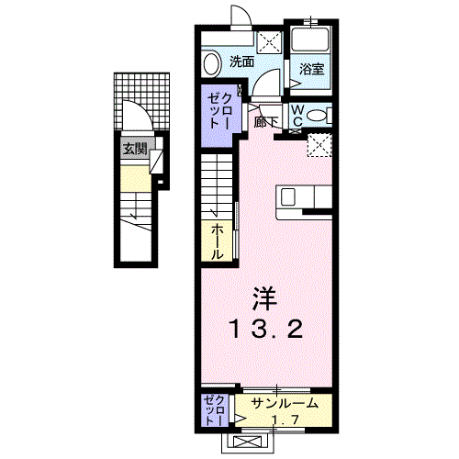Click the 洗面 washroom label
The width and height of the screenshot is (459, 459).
pyautogui.click(x=241, y=62)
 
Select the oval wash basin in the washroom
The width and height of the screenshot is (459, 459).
pyautogui.click(x=211, y=63)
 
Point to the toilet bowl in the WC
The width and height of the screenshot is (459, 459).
pyautogui.click(x=315, y=116)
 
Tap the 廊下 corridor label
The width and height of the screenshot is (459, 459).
pyautogui.click(x=266, y=120)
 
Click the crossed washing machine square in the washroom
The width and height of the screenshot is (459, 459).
pyautogui.click(x=269, y=41)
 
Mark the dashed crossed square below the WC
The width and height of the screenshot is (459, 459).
pyautogui.click(x=319, y=145)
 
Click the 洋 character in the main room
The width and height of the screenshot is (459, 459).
pyautogui.click(x=264, y=297)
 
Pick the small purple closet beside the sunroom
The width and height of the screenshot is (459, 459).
pyautogui.click(x=213, y=409)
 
